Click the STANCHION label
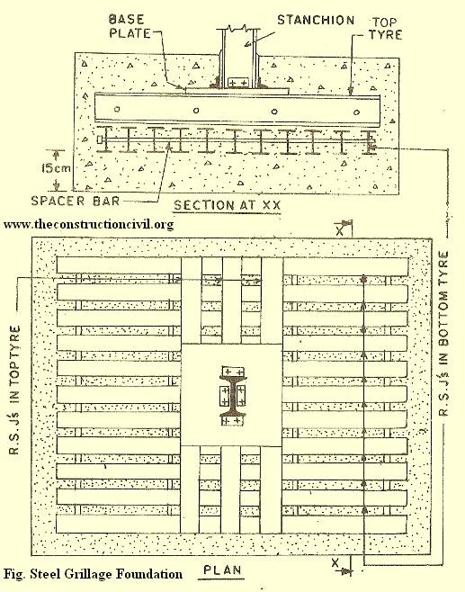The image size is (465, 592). [316, 20]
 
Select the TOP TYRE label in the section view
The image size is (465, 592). [385, 28]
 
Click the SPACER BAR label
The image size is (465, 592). [76, 201]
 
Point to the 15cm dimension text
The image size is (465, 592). [56, 167]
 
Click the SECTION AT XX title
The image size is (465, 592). [228, 205]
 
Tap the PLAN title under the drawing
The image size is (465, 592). [222, 570]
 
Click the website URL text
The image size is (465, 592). [89, 224]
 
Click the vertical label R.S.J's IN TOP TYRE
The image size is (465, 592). [14, 390]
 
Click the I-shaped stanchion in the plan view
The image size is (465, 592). [233, 396]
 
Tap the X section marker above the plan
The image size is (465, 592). [340, 229]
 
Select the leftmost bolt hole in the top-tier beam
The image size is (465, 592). [117, 109]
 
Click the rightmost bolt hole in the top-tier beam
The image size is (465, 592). [356, 112]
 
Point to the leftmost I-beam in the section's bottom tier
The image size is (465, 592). [105, 139]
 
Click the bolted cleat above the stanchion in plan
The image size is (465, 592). [233, 372]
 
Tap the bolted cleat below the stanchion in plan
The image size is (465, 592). [232, 420]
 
